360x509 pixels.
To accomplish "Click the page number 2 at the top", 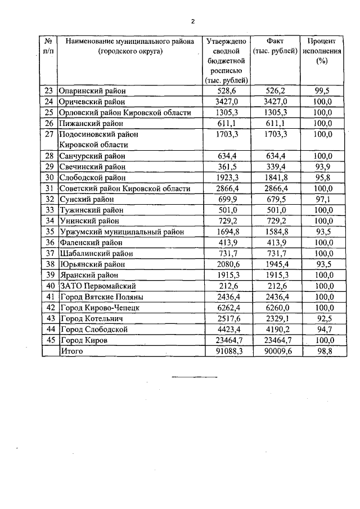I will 192,21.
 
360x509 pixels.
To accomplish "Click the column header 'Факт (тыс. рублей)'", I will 276,46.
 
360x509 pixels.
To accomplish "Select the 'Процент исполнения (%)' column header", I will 322,51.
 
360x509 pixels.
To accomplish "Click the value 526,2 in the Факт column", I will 276,91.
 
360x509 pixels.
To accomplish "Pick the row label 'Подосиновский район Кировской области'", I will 99,139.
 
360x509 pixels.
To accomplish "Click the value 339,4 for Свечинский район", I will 276,166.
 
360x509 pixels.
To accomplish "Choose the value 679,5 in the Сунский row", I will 276,199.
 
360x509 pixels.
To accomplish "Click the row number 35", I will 48,231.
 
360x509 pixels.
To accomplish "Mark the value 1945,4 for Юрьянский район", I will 276,264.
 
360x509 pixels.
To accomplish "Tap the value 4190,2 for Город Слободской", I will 276,329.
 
